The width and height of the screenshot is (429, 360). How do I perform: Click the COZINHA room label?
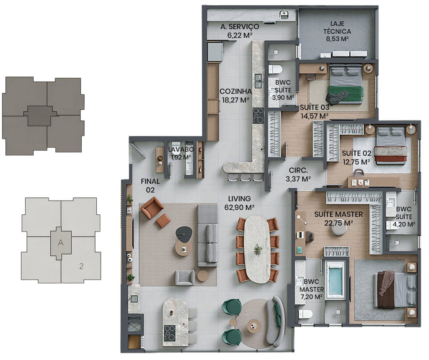point(235,91)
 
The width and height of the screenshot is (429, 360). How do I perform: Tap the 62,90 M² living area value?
point(239,208)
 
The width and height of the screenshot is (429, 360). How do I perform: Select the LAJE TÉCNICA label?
point(337,28)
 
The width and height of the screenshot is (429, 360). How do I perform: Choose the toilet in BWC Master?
point(305,314)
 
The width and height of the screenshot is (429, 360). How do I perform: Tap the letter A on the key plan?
point(60,242)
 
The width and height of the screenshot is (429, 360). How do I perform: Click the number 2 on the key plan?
point(81,266)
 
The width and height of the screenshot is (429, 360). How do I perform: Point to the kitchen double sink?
point(258,81)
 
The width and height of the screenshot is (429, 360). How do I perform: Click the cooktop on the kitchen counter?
point(258,116)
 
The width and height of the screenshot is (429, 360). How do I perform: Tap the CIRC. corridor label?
point(298,170)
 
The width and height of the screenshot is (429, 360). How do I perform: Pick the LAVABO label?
point(181,149)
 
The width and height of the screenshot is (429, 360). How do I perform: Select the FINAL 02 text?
point(150,185)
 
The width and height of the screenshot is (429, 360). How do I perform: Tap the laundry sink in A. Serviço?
point(284,14)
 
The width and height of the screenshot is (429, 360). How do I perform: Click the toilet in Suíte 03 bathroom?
point(275,69)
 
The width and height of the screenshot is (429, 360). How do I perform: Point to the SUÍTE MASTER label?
point(339,214)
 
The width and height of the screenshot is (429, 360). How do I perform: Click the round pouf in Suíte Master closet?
point(339,231)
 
